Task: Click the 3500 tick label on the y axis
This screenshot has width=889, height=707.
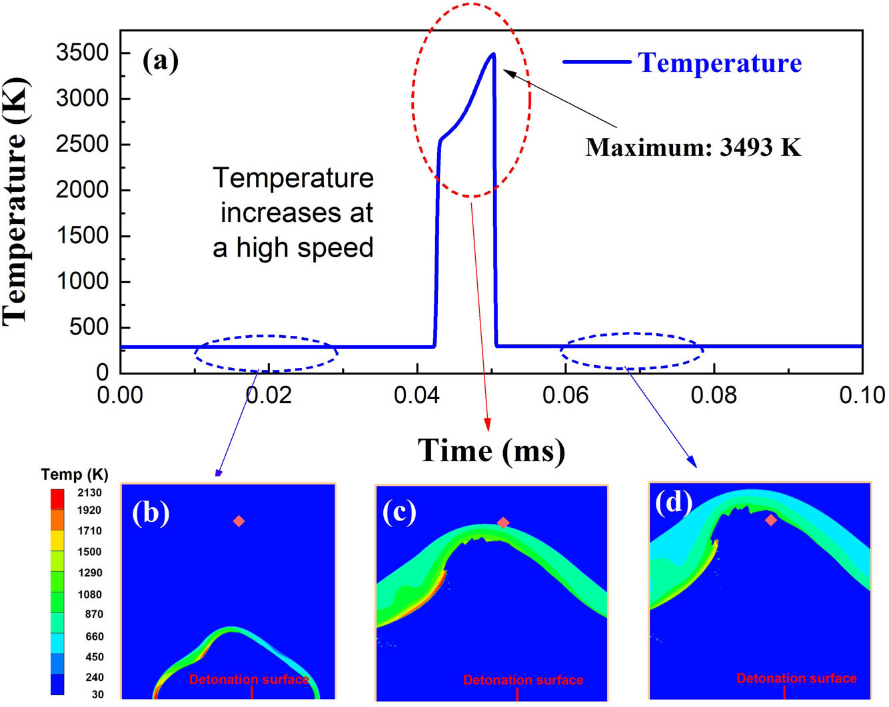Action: (x=82, y=53)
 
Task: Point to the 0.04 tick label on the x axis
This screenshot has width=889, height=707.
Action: (x=417, y=395)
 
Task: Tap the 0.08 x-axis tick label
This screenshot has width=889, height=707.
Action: (x=714, y=395)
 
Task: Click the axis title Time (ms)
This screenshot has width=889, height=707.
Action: (x=491, y=451)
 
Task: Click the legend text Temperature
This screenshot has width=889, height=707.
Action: (x=720, y=63)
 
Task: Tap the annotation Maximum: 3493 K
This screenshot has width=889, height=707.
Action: (x=693, y=147)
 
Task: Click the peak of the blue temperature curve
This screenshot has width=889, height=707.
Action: (x=492, y=54)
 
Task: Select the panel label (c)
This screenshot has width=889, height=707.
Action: (x=399, y=511)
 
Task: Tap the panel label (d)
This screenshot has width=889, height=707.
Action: (x=673, y=502)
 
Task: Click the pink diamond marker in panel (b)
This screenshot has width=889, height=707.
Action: (x=239, y=521)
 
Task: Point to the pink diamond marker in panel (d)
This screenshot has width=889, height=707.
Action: (x=771, y=520)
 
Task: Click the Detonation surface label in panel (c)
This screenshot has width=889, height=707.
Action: (x=523, y=680)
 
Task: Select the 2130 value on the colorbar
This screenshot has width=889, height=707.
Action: (x=89, y=493)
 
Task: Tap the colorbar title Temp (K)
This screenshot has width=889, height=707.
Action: (x=74, y=474)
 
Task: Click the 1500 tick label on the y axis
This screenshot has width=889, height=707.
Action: (x=82, y=236)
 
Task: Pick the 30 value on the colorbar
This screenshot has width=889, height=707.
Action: (x=97, y=694)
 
